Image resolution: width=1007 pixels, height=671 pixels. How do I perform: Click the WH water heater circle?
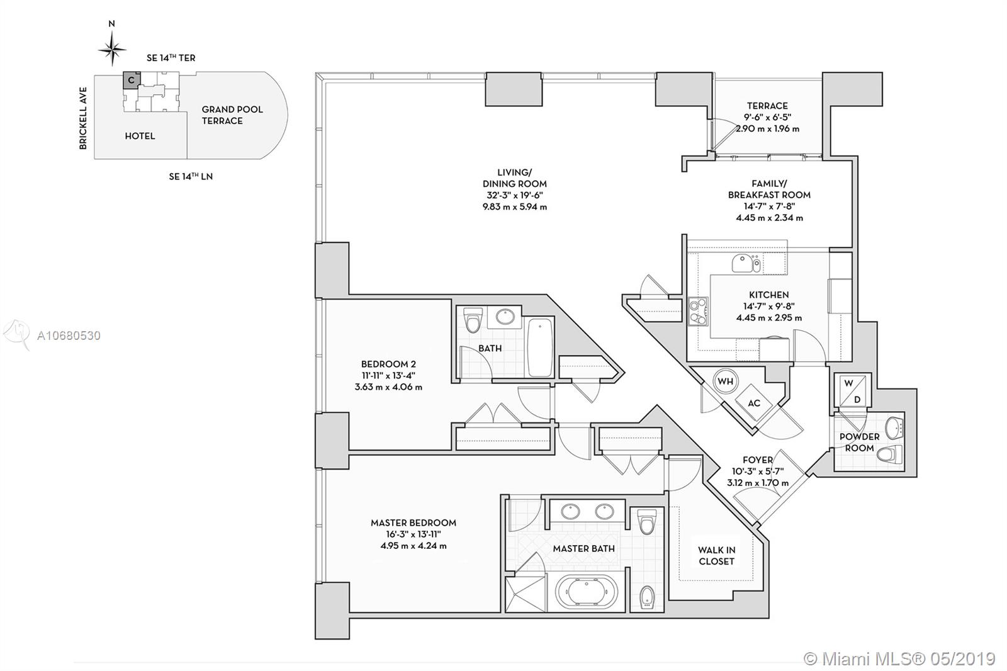point(725,381)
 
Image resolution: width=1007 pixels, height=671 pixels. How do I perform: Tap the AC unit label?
point(754,403)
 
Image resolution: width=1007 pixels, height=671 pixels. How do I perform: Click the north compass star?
point(113,49)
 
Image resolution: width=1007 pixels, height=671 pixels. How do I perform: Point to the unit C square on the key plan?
point(131,81)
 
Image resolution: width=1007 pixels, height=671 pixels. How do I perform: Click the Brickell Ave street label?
point(83,118)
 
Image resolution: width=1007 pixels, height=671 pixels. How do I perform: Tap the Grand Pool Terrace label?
point(232,115)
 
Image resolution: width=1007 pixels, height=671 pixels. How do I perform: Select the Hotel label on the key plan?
point(140,136)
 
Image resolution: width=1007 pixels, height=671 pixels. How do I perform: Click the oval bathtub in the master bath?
point(583,593)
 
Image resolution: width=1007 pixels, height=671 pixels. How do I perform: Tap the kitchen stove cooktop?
point(698,311)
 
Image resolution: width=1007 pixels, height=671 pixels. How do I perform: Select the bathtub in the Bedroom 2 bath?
point(540,347)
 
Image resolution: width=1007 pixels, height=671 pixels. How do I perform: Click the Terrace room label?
point(767,106)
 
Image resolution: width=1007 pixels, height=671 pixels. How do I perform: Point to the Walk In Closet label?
point(717,555)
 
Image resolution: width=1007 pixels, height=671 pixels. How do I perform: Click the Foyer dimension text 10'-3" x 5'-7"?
point(758,471)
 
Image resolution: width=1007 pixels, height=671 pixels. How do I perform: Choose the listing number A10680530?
point(69,335)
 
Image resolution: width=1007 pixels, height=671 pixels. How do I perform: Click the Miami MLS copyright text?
point(899,659)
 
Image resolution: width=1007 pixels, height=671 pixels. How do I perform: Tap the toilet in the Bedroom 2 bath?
point(473,320)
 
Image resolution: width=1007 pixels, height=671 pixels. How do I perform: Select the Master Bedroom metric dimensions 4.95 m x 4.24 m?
point(413,546)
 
